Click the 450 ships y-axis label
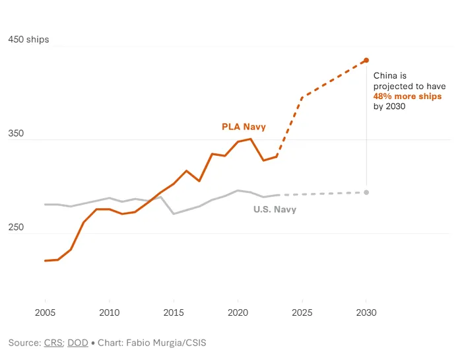(28, 40)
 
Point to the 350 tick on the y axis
(15, 133)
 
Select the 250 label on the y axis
(15, 227)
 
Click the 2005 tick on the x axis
(45, 312)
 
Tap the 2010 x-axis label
(109, 312)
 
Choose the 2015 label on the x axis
(174, 312)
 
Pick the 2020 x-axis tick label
(238, 312)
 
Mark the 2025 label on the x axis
(302, 312)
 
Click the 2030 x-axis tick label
(366, 312)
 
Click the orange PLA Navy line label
(244, 127)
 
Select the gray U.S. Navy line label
(275, 209)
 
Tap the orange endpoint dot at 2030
(366, 60)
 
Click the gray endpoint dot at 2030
(366, 192)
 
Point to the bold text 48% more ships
(407, 96)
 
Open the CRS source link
(53, 343)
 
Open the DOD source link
(77, 343)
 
